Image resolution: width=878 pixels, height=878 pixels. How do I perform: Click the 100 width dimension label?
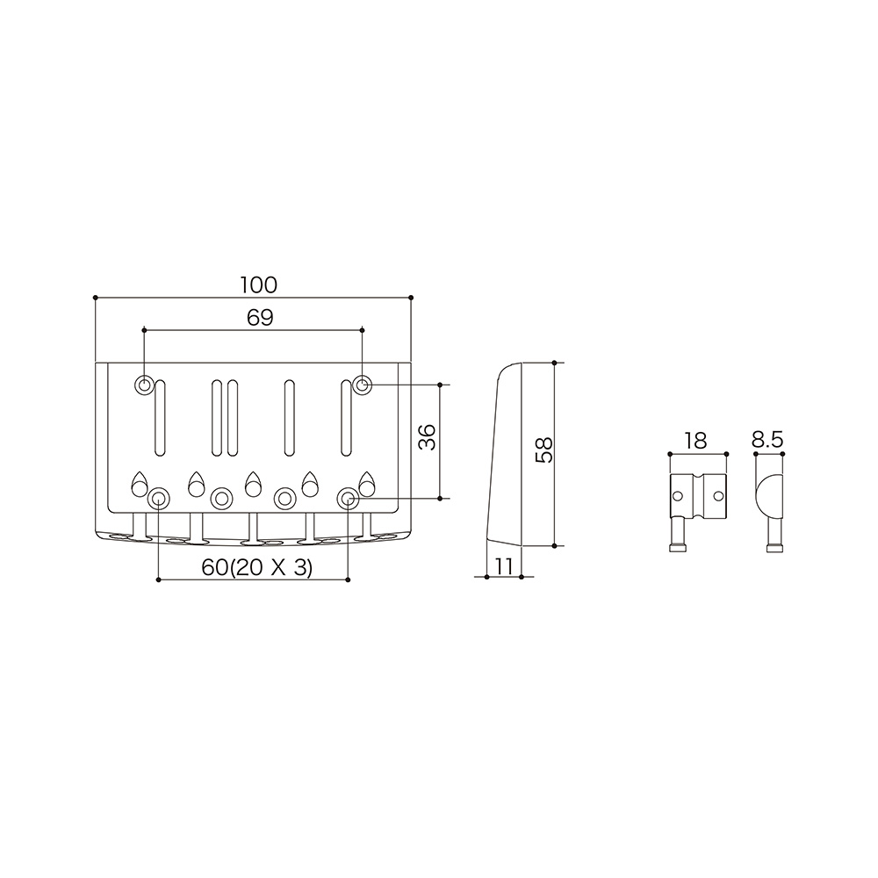coord(259,285)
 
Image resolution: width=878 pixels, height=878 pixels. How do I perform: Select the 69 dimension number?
coord(260,318)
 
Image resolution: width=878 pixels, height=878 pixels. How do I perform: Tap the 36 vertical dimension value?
coord(428,436)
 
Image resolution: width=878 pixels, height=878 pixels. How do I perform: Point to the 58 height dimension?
coord(543,449)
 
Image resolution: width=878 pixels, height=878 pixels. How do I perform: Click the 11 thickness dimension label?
coord(505,566)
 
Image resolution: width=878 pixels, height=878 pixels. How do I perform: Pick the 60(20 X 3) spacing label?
coord(257,568)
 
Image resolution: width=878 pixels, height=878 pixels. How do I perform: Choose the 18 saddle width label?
coord(695,441)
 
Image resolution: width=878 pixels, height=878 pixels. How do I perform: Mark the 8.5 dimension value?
coord(767,440)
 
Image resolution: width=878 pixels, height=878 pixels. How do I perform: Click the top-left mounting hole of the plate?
coord(144,385)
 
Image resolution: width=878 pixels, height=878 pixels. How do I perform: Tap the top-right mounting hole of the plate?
coord(363,385)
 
